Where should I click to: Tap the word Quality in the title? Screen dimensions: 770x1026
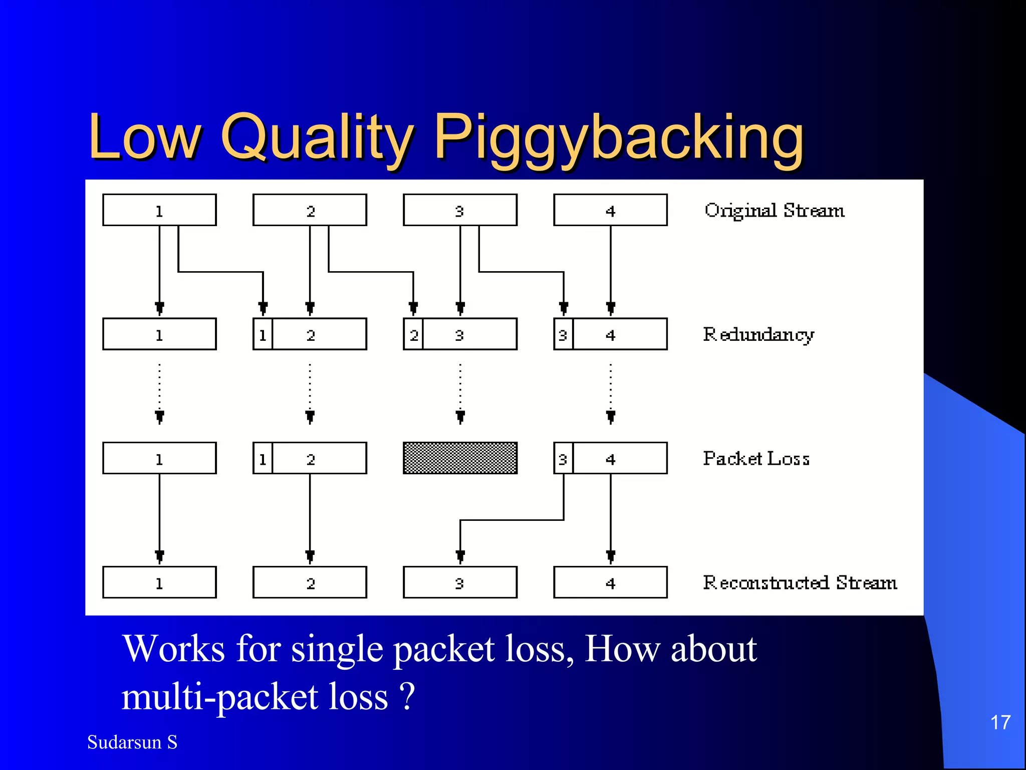click(x=317, y=138)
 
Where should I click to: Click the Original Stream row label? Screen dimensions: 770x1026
click(x=775, y=211)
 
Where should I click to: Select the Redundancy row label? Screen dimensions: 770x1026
click(x=758, y=334)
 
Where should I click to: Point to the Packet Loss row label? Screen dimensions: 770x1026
click(x=756, y=458)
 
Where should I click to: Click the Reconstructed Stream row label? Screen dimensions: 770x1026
click(x=800, y=583)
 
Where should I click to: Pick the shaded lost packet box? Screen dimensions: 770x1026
click(x=460, y=458)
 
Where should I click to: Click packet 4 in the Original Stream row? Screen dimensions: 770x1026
click(x=610, y=210)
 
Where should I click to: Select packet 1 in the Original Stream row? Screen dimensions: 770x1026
click(x=159, y=210)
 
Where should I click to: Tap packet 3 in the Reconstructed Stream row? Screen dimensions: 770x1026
click(x=460, y=583)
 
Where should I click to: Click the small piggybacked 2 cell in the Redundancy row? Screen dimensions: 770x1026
click(x=413, y=334)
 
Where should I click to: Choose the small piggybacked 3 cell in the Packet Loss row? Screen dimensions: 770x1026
click(x=563, y=458)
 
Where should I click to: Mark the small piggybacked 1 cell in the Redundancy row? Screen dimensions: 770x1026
click(x=263, y=334)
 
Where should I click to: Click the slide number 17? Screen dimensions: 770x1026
click(x=1000, y=723)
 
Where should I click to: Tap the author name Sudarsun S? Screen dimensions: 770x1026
click(x=132, y=742)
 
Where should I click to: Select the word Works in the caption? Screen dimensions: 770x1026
click(x=173, y=649)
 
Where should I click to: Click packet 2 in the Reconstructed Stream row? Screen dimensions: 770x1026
click(x=310, y=583)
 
